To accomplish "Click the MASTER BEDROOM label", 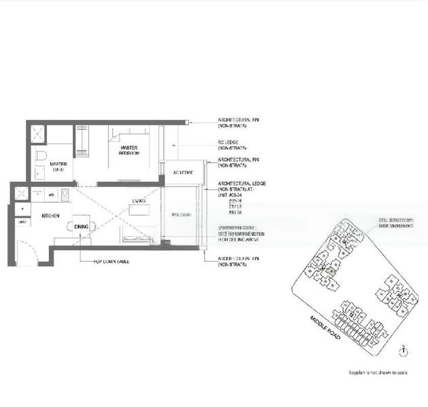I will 130,151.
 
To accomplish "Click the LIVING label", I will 139,201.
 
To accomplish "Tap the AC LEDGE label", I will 180,172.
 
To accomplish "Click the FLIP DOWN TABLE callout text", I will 112,261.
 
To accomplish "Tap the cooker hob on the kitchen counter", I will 66,195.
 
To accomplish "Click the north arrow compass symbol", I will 404,351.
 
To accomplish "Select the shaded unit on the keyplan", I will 330,271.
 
